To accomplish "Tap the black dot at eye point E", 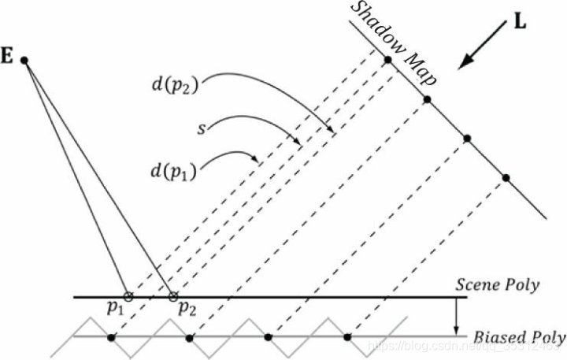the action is click(x=25, y=61).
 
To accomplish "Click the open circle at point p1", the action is click(x=128, y=297).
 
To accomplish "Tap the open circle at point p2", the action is click(x=173, y=297).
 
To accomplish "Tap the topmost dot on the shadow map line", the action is click(x=387, y=60).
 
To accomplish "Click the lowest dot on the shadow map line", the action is click(x=506, y=176).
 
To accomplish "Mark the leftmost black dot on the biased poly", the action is click(x=111, y=337).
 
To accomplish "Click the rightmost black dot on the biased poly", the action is click(x=347, y=337).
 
